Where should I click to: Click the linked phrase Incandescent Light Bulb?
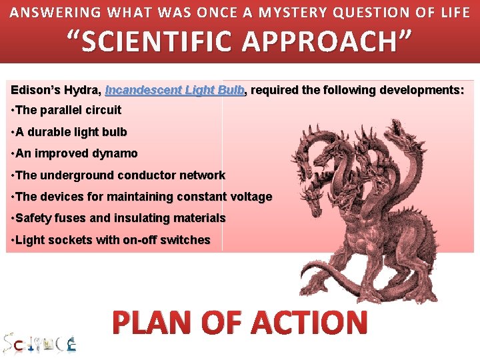point(175,89)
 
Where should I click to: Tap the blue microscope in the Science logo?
point(71,344)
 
